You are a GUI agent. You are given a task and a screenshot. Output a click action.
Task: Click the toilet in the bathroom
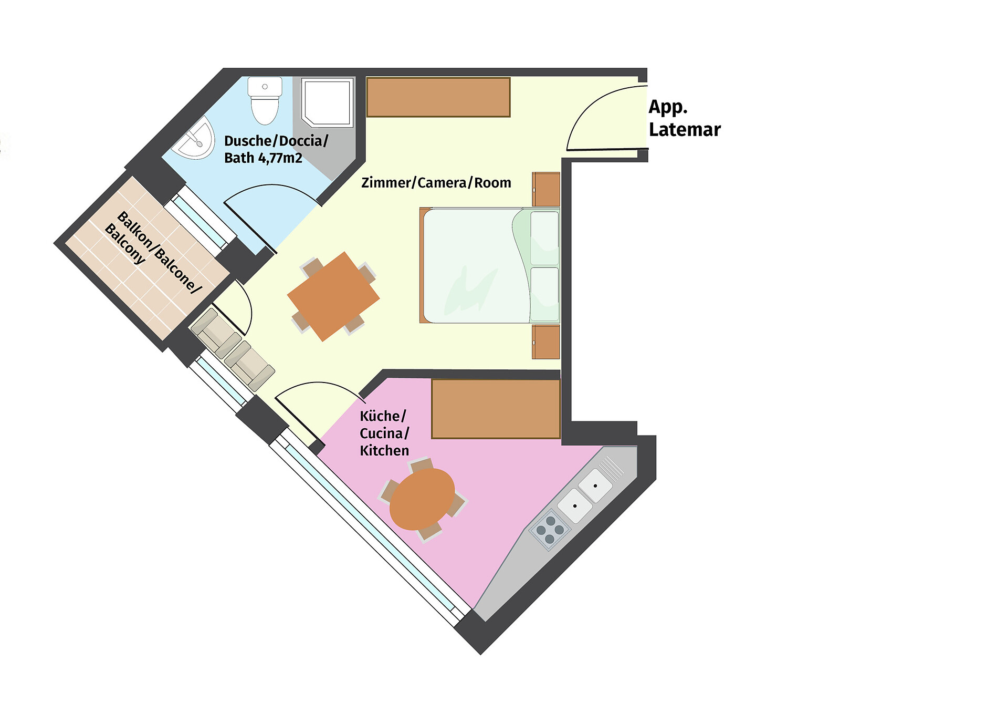[265, 100]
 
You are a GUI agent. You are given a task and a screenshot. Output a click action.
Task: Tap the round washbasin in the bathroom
[196, 138]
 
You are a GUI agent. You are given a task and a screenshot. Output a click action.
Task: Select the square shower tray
[327, 103]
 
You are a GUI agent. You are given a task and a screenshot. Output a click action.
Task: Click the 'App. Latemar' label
[685, 118]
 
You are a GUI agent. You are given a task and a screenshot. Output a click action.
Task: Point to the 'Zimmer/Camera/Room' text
[436, 183]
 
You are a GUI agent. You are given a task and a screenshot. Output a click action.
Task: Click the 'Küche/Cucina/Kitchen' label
[384, 433]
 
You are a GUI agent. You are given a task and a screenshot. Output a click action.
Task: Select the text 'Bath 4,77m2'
[263, 158]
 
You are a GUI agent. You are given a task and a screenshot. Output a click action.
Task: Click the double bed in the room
[490, 265]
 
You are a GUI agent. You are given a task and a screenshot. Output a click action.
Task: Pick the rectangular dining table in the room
[333, 296]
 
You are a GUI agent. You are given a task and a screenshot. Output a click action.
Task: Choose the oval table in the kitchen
[422, 499]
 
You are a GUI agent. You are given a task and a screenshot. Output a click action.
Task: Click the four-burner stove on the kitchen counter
[550, 530]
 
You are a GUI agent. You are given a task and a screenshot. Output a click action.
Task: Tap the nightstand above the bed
[546, 189]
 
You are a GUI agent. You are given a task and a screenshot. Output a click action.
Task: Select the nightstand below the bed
[546, 342]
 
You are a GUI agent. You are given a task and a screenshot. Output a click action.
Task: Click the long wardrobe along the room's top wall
[438, 97]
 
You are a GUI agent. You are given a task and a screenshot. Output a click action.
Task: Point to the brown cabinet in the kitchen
[496, 409]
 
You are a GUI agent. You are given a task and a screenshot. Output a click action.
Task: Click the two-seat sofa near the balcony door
[233, 349]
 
